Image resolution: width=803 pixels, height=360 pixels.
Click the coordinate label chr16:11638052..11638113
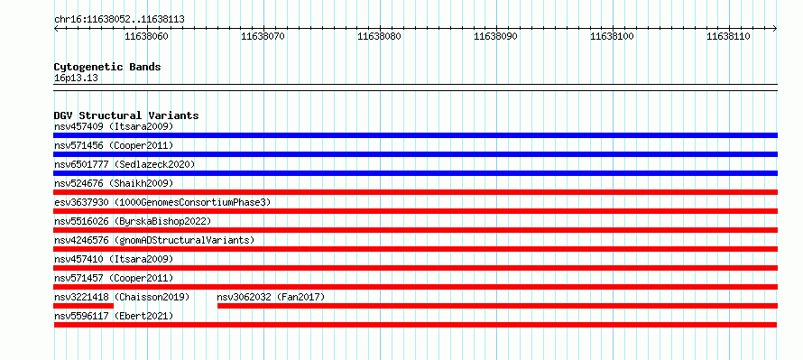pyautogui.click(x=119, y=20)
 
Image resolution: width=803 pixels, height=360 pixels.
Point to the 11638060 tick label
pyautogui.click(x=146, y=36)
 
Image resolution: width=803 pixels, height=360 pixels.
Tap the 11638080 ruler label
pyautogui.click(x=380, y=36)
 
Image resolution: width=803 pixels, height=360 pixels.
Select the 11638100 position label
pyautogui.click(x=612, y=36)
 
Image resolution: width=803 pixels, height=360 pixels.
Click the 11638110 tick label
pyautogui.click(x=728, y=36)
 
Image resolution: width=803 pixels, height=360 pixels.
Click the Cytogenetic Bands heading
pyautogui.click(x=107, y=67)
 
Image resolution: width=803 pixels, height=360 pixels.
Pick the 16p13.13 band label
pyautogui.click(x=76, y=78)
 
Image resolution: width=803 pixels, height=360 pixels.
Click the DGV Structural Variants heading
pyautogui.click(x=126, y=115)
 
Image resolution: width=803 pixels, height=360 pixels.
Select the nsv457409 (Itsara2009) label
pyautogui.click(x=114, y=126)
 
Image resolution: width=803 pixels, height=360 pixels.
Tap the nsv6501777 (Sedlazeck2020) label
pyautogui.click(x=125, y=164)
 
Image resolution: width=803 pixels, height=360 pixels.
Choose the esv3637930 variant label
pyautogui.click(x=81, y=202)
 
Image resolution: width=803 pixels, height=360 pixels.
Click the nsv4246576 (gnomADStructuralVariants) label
pyautogui.click(x=154, y=240)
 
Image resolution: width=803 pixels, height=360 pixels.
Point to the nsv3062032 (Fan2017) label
pyautogui.click(x=271, y=297)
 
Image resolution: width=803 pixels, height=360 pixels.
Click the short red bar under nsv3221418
pyautogui.click(x=84, y=306)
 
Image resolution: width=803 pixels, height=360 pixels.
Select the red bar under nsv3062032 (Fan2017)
pyautogui.click(x=497, y=306)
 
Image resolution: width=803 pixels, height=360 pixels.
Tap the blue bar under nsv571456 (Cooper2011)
pyautogui.click(x=416, y=154)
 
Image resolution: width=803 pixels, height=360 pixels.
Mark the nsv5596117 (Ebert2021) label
pyautogui.click(x=114, y=316)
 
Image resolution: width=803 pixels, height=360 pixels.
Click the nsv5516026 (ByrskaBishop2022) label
pyautogui.click(x=133, y=221)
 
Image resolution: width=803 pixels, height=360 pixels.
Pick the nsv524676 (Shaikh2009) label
pyautogui.click(x=114, y=183)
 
